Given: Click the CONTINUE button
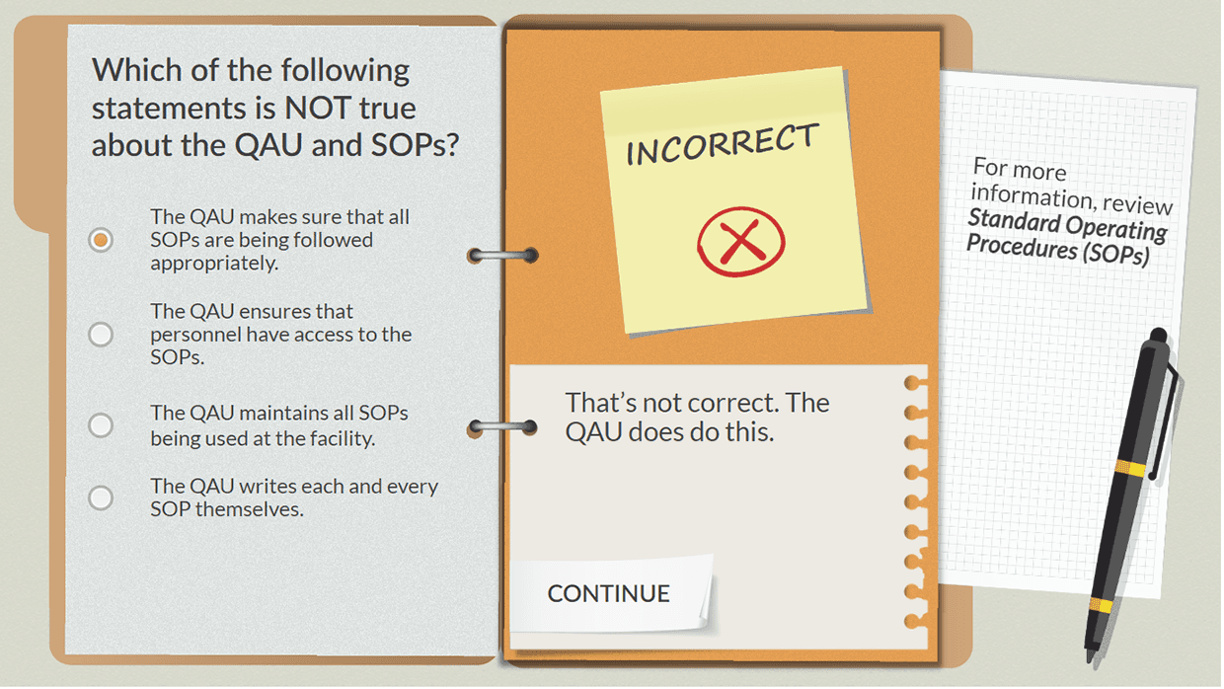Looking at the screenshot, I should pos(608,593).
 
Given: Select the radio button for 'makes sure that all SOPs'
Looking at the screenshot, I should pos(101,240).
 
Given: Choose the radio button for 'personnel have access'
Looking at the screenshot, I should pos(101,335).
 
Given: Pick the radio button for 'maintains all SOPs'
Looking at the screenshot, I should pos(101,425).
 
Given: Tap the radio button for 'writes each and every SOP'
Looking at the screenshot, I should pos(101,498).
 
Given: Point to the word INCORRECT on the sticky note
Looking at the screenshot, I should pos(723,145).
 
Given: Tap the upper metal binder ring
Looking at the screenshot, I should pos(503,256).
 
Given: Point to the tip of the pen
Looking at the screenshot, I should pos(1090,655).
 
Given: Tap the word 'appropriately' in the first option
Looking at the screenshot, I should pos(213,264).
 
